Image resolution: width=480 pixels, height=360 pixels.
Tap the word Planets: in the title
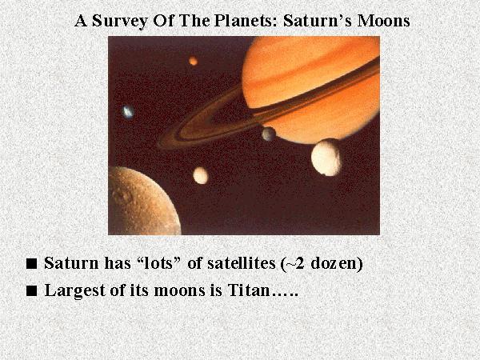[x=246, y=21]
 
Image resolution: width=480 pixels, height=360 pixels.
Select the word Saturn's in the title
[x=318, y=21]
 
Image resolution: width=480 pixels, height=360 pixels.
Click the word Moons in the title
[x=383, y=21]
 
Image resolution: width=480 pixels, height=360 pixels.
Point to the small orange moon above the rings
[x=193, y=61]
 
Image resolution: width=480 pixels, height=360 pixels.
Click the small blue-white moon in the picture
[x=128, y=112]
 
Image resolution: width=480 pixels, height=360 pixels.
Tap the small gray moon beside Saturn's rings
[x=269, y=134]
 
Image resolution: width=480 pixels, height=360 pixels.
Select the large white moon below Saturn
[x=326, y=158]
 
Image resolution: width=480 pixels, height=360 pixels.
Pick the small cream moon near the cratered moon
[x=201, y=175]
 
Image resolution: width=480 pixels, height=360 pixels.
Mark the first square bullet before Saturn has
[x=31, y=263]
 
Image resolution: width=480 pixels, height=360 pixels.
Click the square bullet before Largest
[x=31, y=290]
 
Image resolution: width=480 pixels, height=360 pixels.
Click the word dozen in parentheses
[x=334, y=263]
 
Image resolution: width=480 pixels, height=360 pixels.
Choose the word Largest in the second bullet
[x=75, y=290]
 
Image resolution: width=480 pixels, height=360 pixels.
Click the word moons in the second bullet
[x=179, y=290]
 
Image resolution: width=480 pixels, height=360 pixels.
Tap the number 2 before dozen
[x=299, y=263]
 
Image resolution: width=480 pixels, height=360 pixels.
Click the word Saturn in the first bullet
[x=72, y=263]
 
